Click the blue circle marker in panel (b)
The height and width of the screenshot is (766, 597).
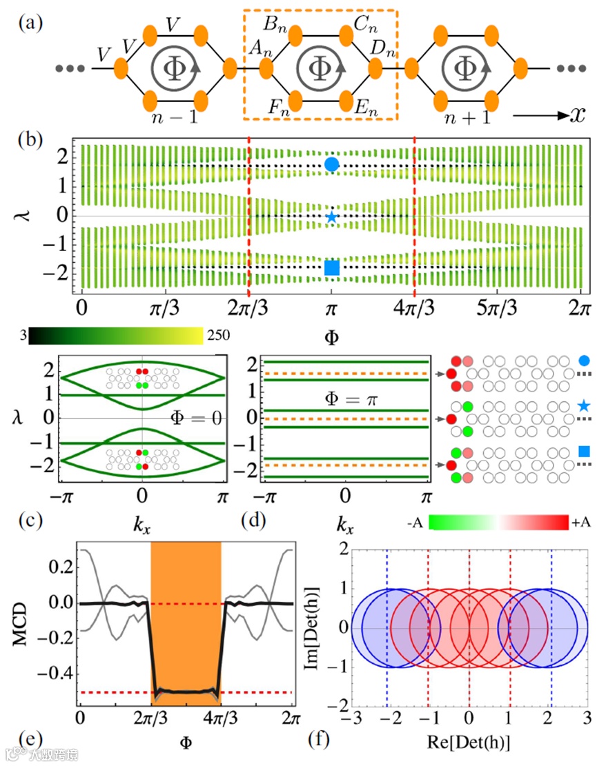point(332,164)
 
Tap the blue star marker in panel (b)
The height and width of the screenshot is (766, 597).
point(332,217)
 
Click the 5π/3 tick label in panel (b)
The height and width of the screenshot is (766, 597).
point(496,306)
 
